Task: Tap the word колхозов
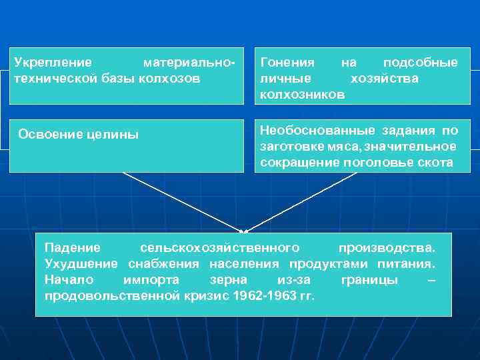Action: [x=173, y=79]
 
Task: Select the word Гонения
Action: [x=287, y=63]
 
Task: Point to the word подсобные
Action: [x=421, y=63]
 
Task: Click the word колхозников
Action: [x=302, y=95]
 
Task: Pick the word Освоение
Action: [x=50, y=134]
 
